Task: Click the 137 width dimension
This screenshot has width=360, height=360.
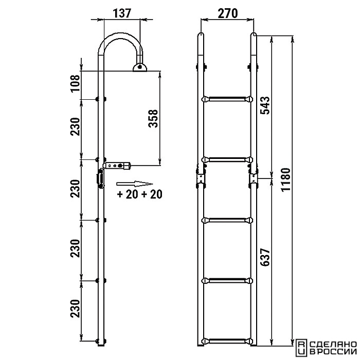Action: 122,13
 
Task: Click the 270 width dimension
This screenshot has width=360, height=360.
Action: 227,13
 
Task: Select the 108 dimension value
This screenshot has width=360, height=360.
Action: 76,83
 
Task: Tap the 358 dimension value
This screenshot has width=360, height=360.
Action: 153,118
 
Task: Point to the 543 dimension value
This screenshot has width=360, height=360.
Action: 266,105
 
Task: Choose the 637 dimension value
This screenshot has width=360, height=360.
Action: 266,257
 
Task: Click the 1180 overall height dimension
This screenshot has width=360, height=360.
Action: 286,179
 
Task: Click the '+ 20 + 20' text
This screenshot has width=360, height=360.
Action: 139,194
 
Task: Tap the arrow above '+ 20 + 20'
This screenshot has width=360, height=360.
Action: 135,184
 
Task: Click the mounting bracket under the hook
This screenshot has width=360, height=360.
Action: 139,68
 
